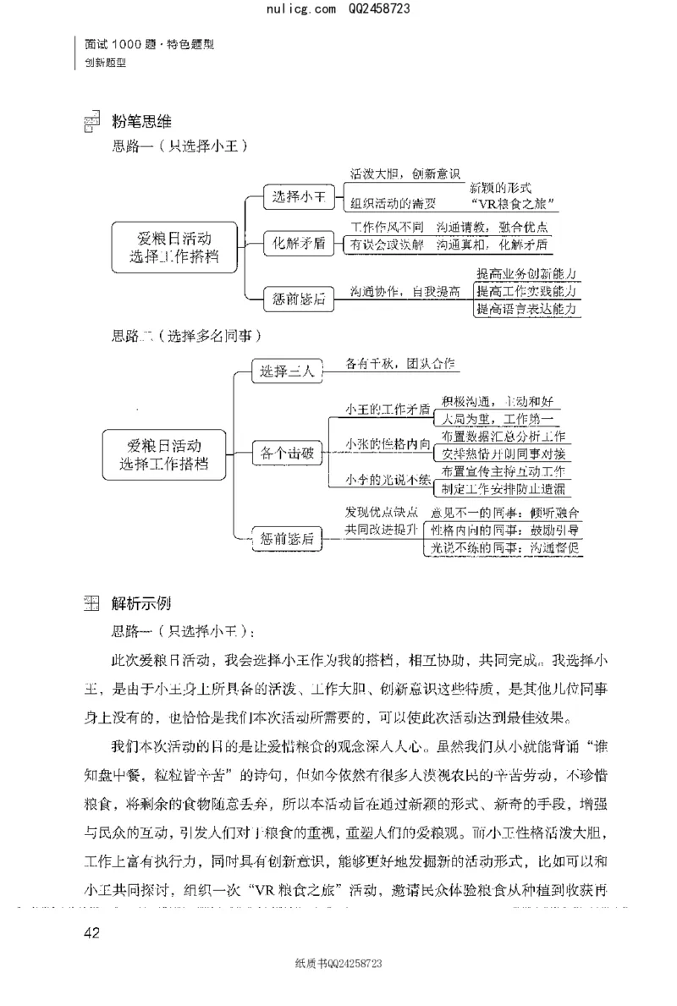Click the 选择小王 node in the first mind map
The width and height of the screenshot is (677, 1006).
click(x=299, y=197)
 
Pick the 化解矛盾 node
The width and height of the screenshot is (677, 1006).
click(x=299, y=244)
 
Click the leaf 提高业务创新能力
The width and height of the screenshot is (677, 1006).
click(x=526, y=274)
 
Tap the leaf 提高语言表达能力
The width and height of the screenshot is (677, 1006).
click(x=526, y=310)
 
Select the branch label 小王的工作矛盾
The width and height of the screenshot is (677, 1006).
click(x=387, y=409)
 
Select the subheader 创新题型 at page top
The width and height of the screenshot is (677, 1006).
click(x=105, y=62)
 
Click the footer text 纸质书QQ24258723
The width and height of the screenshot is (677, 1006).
click(x=338, y=964)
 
